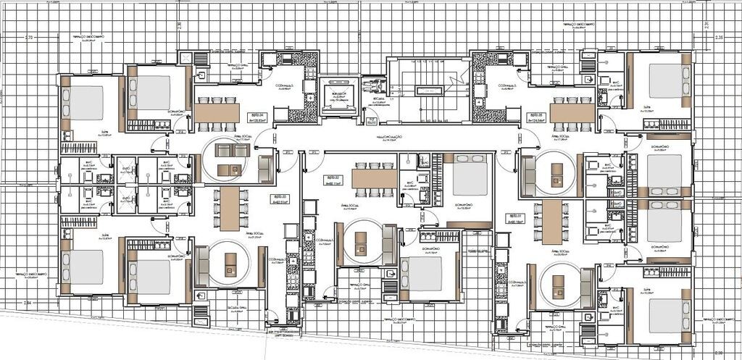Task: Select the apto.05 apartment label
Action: pyautogui.click(x=535, y=115)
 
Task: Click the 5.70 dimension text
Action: pyautogui.click(x=30, y=36)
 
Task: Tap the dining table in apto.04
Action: pyautogui.click(x=217, y=112)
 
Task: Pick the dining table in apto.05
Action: pyautogui.click(x=572, y=112)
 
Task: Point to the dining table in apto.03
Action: pyautogui.click(x=230, y=209)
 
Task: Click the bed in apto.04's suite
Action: pyautogui.click(x=86, y=101)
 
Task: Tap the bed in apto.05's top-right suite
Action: pyautogui.click(x=665, y=80)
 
